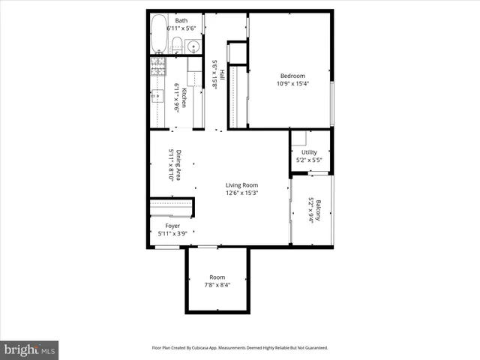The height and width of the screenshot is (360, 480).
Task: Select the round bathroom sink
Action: pyautogui.click(x=193, y=46)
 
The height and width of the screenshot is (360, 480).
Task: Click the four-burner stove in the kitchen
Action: pyautogui.click(x=158, y=67)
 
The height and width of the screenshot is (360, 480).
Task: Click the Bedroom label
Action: pyautogui.click(x=292, y=76)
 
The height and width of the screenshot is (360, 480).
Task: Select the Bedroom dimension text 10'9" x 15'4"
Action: pyautogui.click(x=292, y=84)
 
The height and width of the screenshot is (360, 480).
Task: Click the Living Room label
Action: pyautogui.click(x=242, y=185)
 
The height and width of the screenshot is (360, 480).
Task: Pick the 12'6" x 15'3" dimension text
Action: pyautogui.click(x=242, y=193)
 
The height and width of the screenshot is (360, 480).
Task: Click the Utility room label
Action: pyautogui.click(x=310, y=151)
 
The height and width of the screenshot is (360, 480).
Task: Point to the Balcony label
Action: pyautogui.click(x=318, y=210)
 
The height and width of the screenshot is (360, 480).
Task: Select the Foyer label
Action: pyautogui.click(x=172, y=225)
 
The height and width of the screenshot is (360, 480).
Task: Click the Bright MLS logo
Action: pyautogui.click(x=30, y=349)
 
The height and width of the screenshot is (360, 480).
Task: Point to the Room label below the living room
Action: pyautogui.click(x=217, y=277)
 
